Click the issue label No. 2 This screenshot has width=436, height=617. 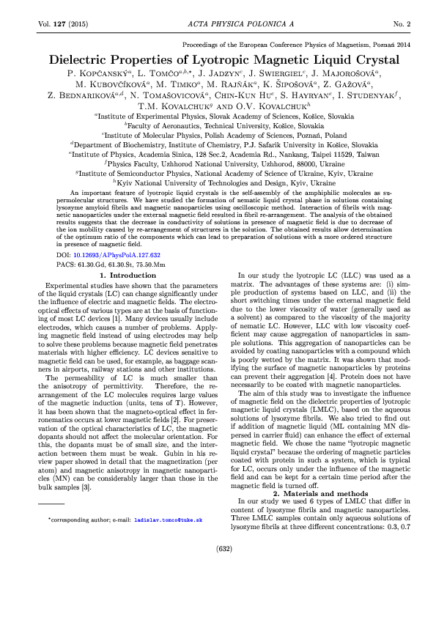[402, 24]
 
